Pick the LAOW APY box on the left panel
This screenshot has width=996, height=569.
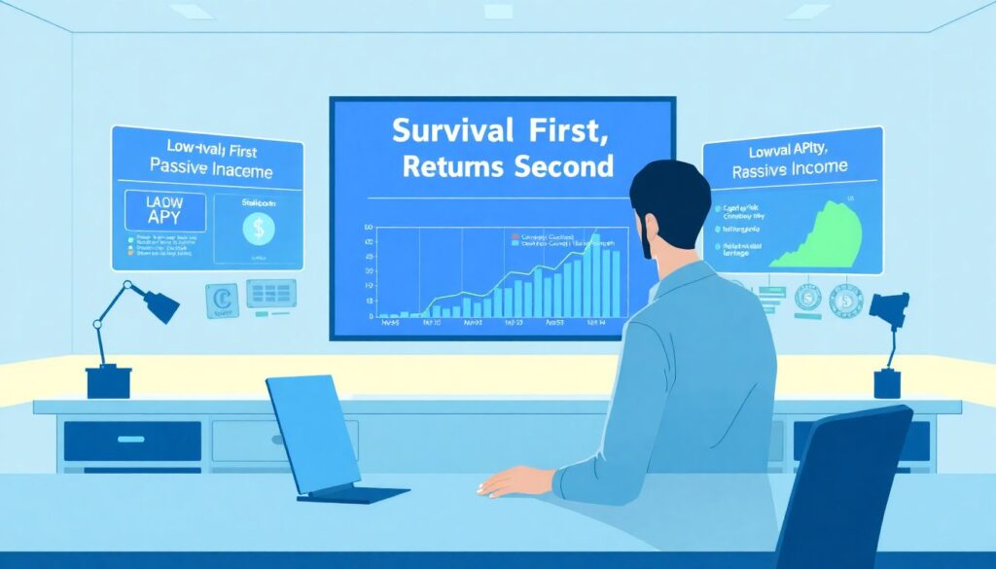[164, 211]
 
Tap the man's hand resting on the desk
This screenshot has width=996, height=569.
[510, 480]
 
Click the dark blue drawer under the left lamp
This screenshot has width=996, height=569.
[132, 441]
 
